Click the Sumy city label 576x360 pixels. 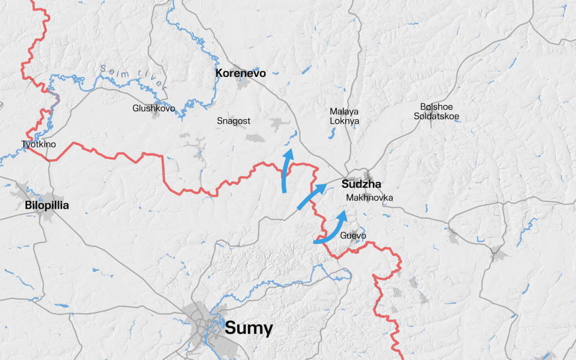coord(248,328)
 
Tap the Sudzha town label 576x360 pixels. coord(361,184)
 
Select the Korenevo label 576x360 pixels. coord(241,73)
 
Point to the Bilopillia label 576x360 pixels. coord(47,206)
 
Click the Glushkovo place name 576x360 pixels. coord(154,108)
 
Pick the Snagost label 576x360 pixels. coord(233,121)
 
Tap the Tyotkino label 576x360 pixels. coord(38,144)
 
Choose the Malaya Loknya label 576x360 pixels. coord(344,116)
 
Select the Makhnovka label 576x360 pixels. coord(369,198)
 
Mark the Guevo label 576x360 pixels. coord(354,235)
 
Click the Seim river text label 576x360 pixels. coord(134,77)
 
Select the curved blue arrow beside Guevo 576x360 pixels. coord(333,229)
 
